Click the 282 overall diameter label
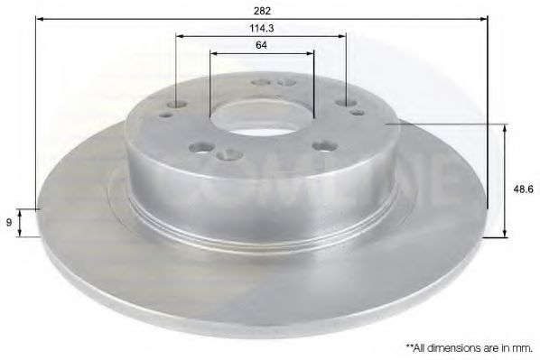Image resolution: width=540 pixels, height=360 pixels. tap(263, 10)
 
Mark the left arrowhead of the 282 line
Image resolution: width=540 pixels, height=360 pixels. tap(39, 19)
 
